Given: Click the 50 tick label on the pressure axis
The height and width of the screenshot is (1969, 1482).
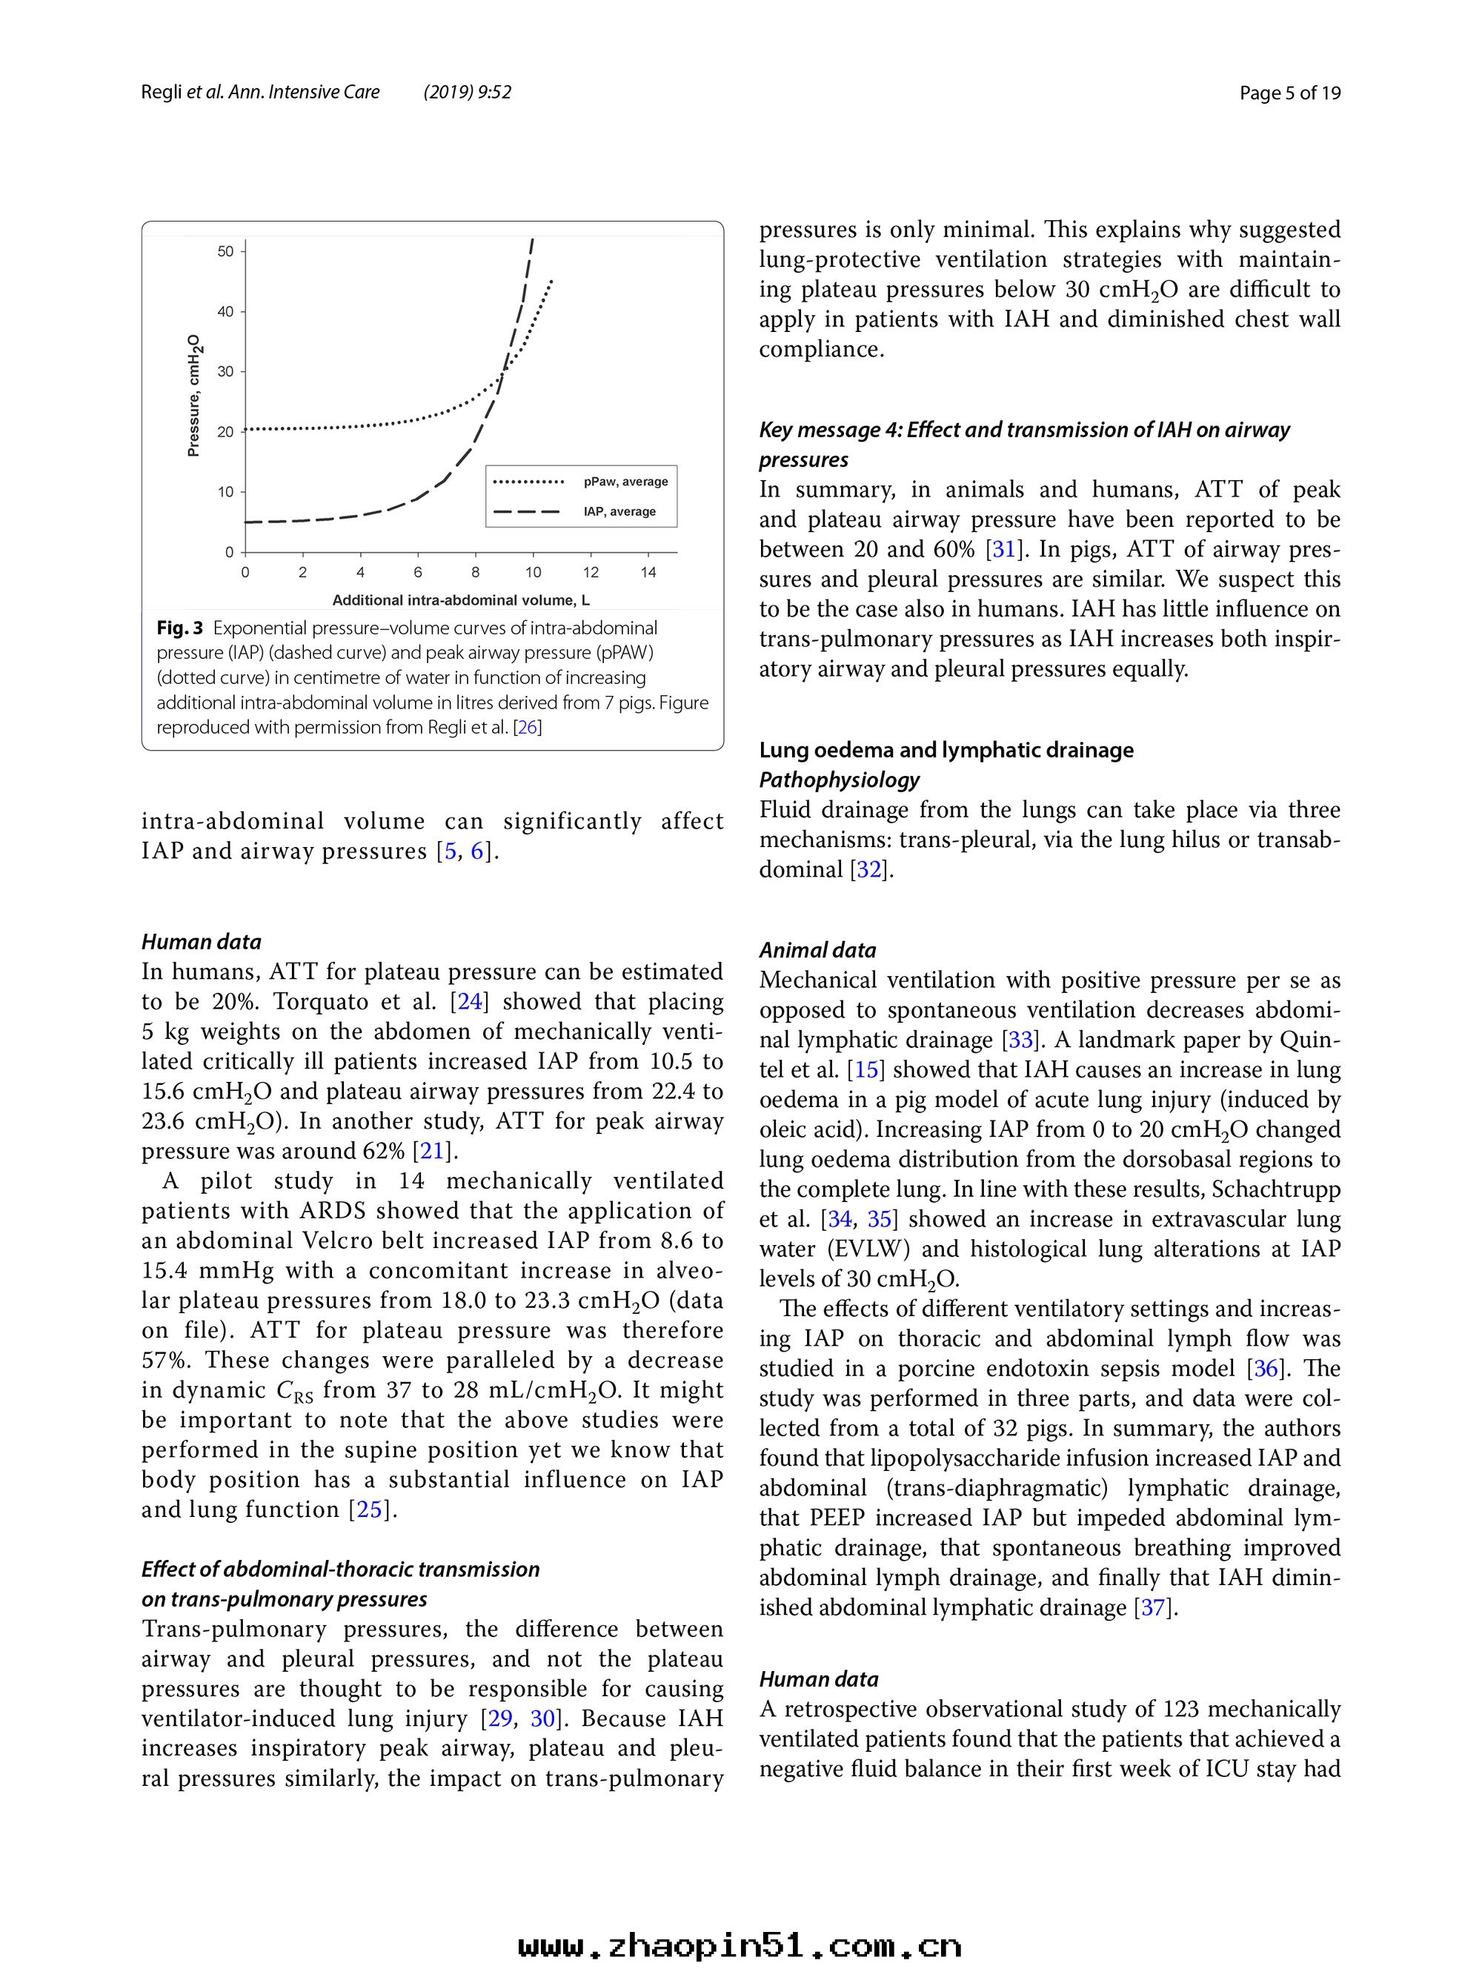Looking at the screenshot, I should click(x=225, y=252).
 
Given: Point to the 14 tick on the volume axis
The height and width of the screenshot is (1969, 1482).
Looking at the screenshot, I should click(x=648, y=572).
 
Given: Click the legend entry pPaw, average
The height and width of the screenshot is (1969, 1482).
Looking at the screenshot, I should click(x=625, y=482).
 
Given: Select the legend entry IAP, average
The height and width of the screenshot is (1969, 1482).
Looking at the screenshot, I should click(x=619, y=512).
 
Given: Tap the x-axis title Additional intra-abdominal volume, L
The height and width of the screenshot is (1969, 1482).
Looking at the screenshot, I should click(x=461, y=600).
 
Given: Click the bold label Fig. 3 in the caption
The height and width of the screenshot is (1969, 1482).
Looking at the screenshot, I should click(x=180, y=628).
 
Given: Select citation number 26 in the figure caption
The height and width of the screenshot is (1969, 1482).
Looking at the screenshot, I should click(x=527, y=727).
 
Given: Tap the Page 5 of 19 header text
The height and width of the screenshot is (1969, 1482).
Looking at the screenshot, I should click(x=1290, y=93).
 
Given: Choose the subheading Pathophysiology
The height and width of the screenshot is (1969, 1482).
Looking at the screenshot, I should click(x=839, y=780).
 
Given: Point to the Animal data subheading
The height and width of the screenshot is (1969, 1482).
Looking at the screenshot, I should click(x=817, y=950).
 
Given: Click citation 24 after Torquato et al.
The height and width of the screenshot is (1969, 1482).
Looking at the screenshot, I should click(x=469, y=1001).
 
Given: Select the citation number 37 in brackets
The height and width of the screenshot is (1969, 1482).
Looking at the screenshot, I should click(x=1154, y=1607).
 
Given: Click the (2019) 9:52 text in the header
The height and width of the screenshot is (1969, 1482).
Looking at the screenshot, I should click(x=468, y=93).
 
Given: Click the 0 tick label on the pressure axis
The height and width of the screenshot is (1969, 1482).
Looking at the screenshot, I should click(x=229, y=553).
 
